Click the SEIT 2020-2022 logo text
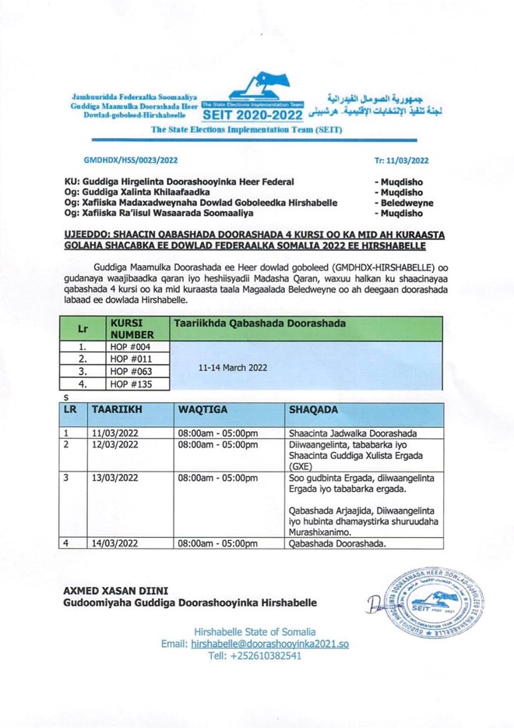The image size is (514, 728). [250, 115]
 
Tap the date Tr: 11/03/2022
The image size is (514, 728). [402, 158]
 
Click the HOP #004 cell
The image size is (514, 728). [128, 348]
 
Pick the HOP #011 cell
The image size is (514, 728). [128, 359]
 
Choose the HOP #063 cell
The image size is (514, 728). [128, 372]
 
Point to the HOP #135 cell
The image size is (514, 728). [128, 383]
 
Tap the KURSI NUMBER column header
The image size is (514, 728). [128, 328]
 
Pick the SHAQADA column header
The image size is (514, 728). [314, 409]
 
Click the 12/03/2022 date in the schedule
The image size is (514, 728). [115, 444]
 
